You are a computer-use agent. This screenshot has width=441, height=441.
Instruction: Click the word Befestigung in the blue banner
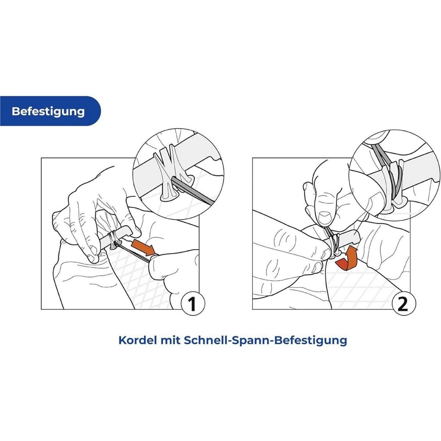(x=48, y=111)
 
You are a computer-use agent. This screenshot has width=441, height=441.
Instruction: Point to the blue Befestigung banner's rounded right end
(x=97, y=111)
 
